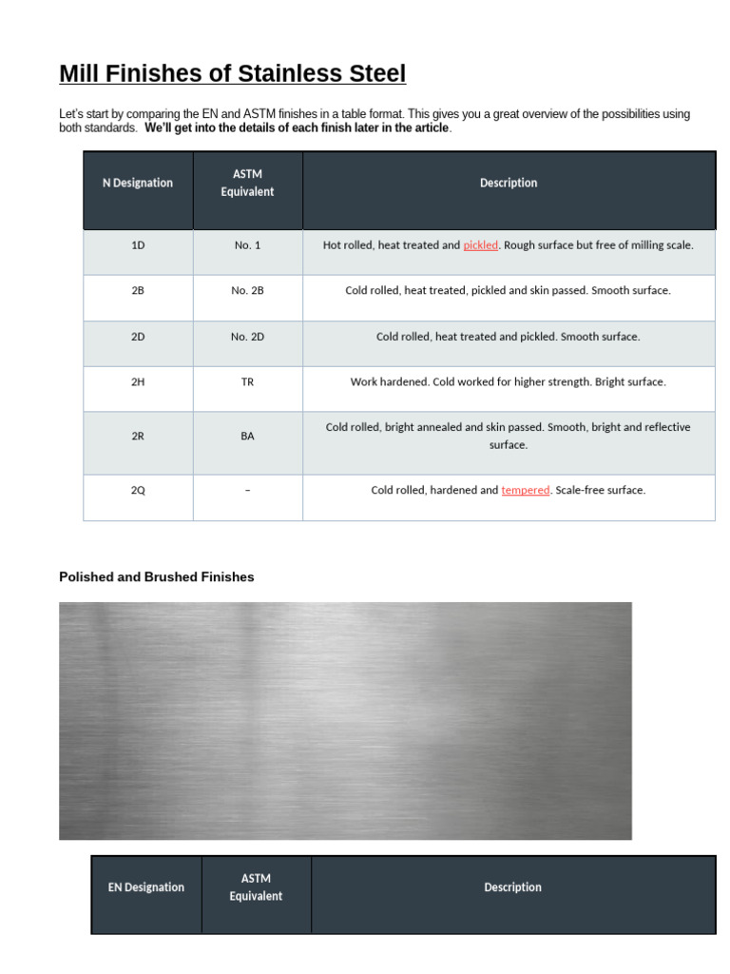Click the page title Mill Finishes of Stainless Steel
[232, 73]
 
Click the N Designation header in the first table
[138, 183]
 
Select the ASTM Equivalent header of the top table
[247, 183]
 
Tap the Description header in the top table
[509, 183]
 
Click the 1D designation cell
[138, 245]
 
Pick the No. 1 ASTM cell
[247, 245]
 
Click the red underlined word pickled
[480, 245]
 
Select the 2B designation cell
[138, 291]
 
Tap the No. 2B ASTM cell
[247, 291]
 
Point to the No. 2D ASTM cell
[247, 337]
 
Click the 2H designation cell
[138, 382]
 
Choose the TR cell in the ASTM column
[247, 382]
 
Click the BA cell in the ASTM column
[247, 437]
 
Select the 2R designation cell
[138, 437]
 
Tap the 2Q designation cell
[138, 491]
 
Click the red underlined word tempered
[525, 491]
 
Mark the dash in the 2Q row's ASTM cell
[247, 491]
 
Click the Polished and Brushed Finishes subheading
[156, 577]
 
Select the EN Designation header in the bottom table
[145, 887]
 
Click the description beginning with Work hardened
[508, 382]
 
